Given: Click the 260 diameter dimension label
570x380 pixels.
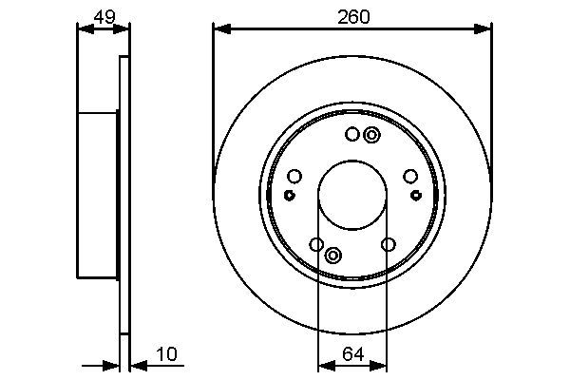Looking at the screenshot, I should pos(352,16).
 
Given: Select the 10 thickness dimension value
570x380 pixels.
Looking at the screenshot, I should pos(166,354).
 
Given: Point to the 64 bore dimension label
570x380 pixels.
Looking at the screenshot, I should pos(352,354).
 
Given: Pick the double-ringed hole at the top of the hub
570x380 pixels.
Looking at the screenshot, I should pos(370,136).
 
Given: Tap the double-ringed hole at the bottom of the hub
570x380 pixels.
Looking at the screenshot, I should pos(333,256).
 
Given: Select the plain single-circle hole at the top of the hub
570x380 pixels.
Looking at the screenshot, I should pos(351,135).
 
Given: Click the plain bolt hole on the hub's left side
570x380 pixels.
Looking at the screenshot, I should pos(294,176).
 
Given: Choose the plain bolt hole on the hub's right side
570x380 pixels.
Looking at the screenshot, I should pos(410,176).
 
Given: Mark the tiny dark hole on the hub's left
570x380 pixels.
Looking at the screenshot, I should pos(289,195).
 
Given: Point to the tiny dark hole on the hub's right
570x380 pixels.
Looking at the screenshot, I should pos(416,195).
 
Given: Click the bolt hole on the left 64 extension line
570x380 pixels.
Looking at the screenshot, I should pos(317,245).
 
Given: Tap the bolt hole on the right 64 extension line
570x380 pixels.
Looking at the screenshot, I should pos(388,245).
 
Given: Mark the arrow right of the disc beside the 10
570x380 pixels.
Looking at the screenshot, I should pos(136,365).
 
